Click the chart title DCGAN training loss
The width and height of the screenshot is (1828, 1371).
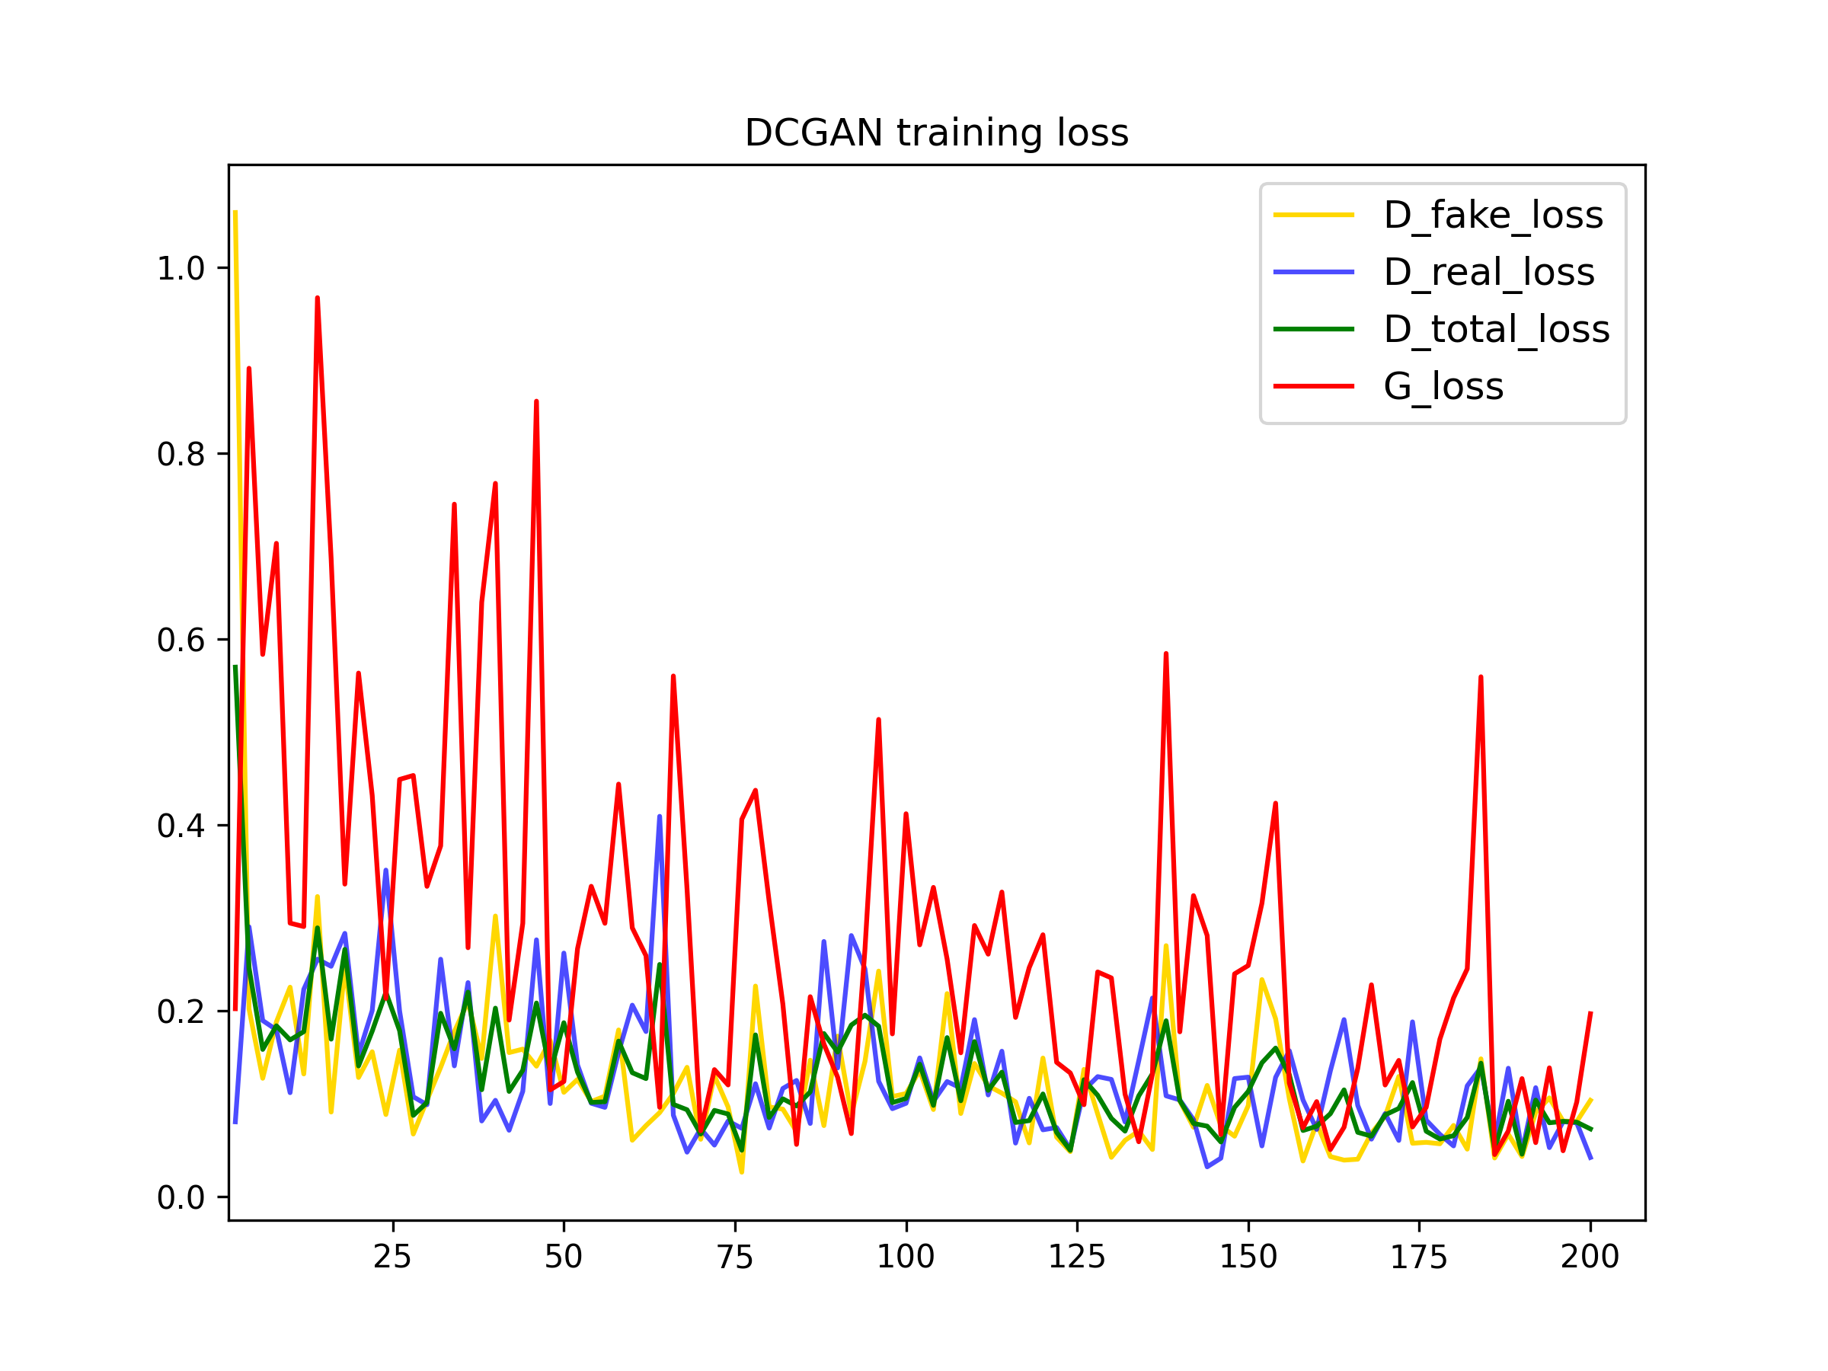tap(936, 133)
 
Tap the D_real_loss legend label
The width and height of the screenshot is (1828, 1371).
tap(1489, 272)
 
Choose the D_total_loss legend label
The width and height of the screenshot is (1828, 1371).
tap(1497, 329)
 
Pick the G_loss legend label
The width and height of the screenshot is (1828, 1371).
tap(1443, 386)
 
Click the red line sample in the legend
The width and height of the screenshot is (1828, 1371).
tap(1314, 386)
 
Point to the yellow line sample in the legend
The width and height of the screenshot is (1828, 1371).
tap(1314, 215)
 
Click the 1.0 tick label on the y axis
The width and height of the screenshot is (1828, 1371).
tap(181, 269)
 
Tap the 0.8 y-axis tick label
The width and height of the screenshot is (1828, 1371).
tap(181, 455)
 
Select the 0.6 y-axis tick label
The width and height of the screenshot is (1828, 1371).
tap(181, 641)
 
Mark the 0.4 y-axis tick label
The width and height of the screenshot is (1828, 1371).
tap(181, 826)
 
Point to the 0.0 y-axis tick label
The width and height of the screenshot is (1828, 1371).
tap(181, 1197)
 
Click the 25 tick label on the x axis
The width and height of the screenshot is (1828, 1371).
tap(392, 1257)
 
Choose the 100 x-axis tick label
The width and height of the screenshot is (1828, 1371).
tap(906, 1257)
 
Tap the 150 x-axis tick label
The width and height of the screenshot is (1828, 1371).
tap(1248, 1257)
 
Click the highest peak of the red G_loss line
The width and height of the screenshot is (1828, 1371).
tap(318, 299)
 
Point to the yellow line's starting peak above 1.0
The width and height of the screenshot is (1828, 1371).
tap(235, 213)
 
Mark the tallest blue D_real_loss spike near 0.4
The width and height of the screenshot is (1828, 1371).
tap(660, 817)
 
